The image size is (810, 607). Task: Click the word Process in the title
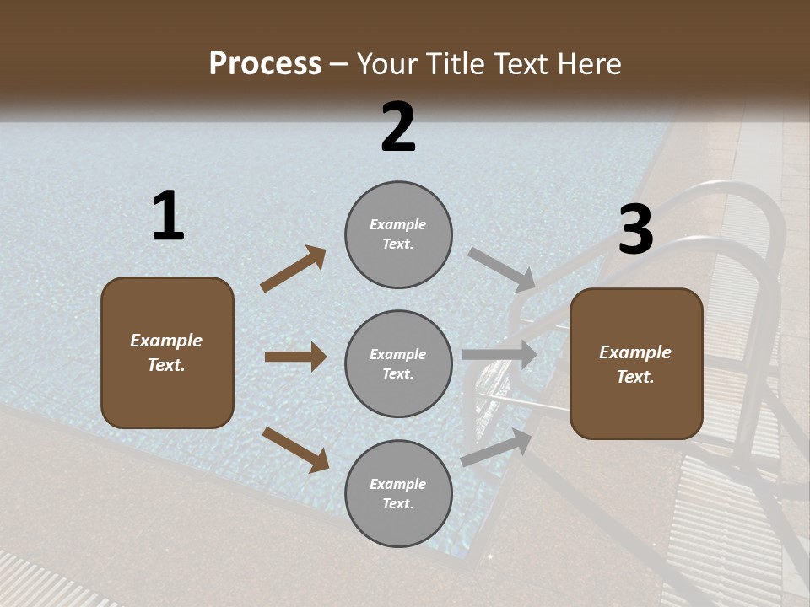tap(265, 64)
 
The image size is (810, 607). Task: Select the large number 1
tap(167, 217)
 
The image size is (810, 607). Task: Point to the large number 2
tap(398, 127)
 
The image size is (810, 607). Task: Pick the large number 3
tap(635, 230)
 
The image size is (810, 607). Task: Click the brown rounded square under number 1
tap(167, 352)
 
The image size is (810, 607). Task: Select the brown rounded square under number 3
tap(636, 363)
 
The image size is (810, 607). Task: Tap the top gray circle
tap(398, 234)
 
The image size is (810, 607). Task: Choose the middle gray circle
tap(398, 363)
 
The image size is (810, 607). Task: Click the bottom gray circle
tap(398, 493)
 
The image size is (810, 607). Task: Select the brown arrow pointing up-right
tap(294, 269)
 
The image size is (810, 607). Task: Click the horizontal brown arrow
tap(295, 357)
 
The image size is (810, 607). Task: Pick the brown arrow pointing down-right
tap(295, 449)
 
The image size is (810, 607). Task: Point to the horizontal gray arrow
tap(499, 355)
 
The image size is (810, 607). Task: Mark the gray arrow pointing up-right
tap(497, 447)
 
